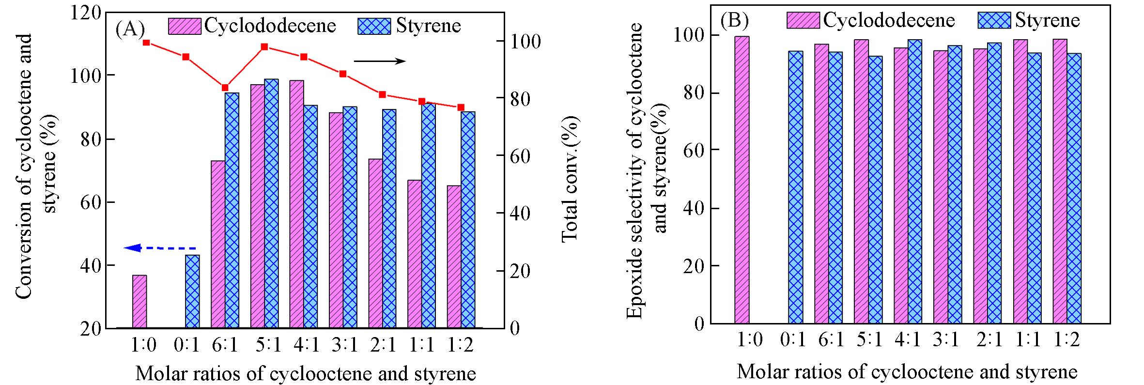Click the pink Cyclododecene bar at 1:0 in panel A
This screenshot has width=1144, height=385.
coord(139,301)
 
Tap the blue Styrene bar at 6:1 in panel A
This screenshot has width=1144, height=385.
coord(232,210)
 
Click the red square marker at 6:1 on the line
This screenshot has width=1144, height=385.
coord(225,88)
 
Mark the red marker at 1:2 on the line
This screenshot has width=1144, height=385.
coord(461,108)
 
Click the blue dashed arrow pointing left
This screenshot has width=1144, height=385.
coord(160,248)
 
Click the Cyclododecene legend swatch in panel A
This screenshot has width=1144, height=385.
coord(185,26)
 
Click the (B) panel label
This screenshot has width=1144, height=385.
coord(734,21)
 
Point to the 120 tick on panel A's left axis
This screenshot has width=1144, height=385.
coord(86,13)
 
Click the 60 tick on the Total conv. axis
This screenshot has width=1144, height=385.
coord(523,156)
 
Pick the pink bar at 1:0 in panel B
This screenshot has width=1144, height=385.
coord(742,180)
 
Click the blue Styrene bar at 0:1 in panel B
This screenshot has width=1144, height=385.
coord(795,187)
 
